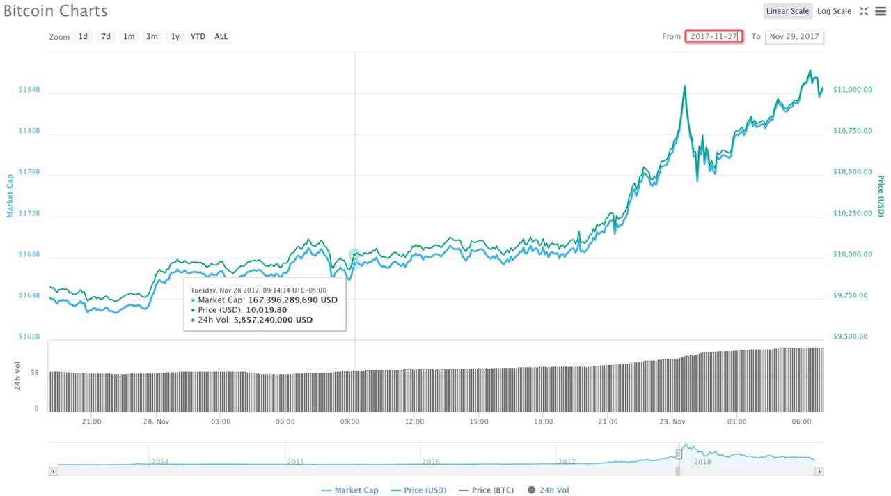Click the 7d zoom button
pyautogui.click(x=106, y=37)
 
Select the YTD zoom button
pyautogui.click(x=198, y=37)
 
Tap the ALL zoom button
pyautogui.click(x=221, y=37)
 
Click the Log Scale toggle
pyautogui.click(x=834, y=11)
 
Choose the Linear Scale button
pyautogui.click(x=787, y=11)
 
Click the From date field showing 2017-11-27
pyautogui.click(x=714, y=37)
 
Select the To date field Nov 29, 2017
pyautogui.click(x=794, y=37)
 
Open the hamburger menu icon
pyautogui.click(x=881, y=11)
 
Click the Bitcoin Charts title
pyautogui.click(x=56, y=11)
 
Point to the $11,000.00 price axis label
pyautogui.click(x=852, y=90)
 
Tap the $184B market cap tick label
pyautogui.click(x=29, y=90)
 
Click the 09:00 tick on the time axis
pyautogui.click(x=349, y=421)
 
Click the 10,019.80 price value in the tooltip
pyautogui.click(x=267, y=310)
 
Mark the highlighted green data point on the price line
pyautogui.click(x=354, y=255)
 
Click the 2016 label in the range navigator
pyautogui.click(x=431, y=461)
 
